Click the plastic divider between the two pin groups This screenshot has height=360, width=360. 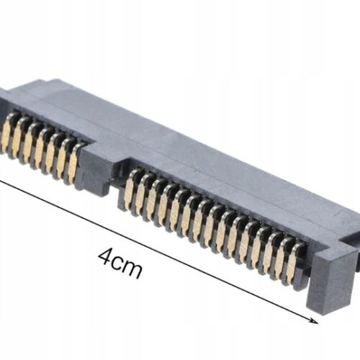pos(101,169)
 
